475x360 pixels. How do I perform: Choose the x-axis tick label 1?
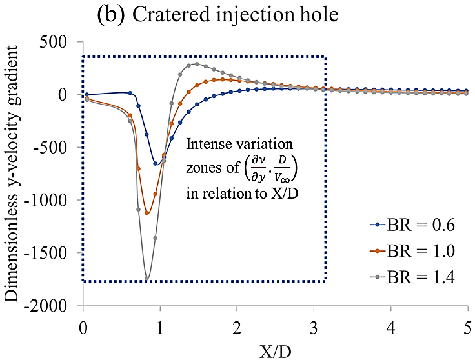pos(160,322)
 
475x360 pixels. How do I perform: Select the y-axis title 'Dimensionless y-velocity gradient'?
pos(14,174)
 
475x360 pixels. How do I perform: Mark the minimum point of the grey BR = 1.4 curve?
pos(147,279)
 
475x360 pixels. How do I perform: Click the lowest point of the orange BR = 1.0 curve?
pos(147,213)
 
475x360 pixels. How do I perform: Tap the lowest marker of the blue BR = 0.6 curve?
pos(156,164)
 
